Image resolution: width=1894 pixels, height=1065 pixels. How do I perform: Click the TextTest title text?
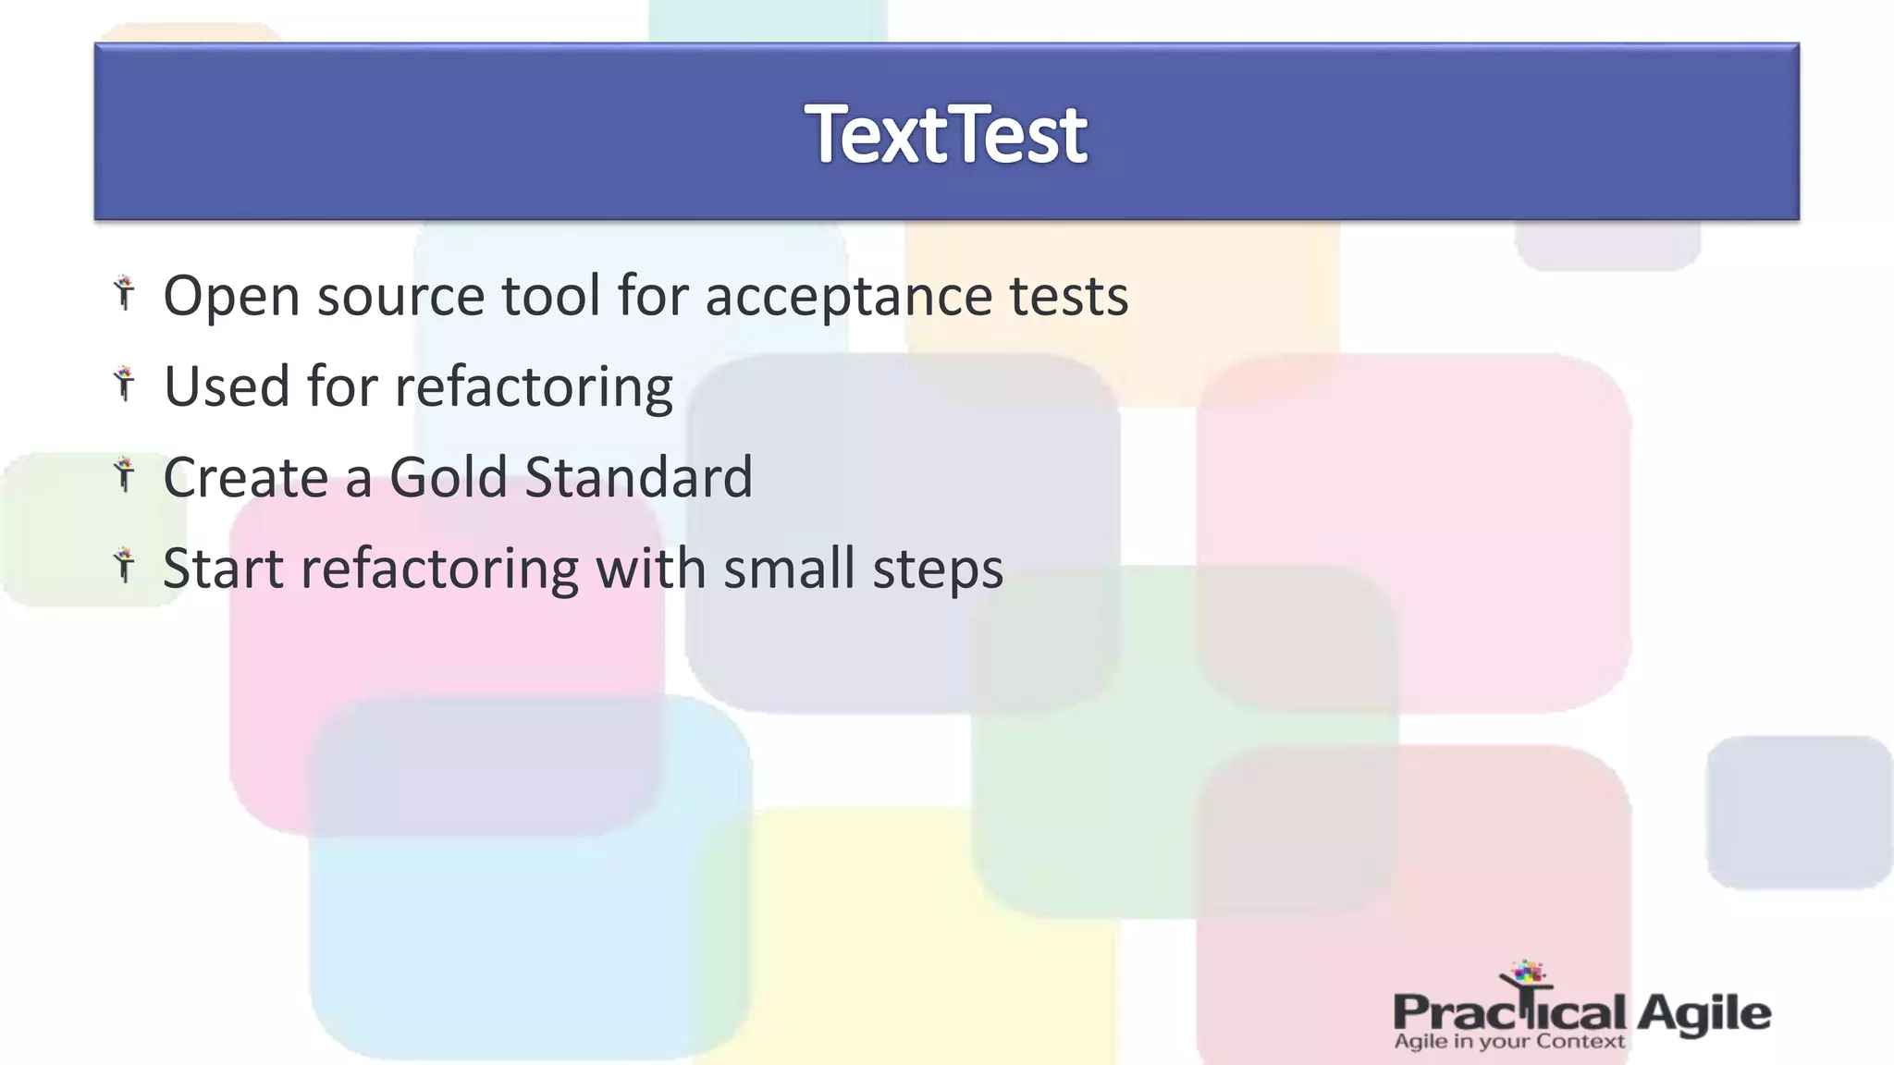tap(946, 135)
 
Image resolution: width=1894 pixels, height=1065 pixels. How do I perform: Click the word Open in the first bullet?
tap(231, 297)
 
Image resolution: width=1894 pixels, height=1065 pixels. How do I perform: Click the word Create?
tap(245, 477)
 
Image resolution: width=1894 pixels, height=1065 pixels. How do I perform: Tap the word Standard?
tap(638, 477)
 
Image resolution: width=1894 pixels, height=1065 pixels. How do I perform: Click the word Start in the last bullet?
tap(223, 568)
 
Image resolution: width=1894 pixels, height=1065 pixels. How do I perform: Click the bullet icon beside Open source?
tap(125, 293)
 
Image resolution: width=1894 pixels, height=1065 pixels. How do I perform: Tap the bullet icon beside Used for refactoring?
tap(125, 383)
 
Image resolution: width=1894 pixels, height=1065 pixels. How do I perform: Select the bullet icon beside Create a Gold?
tap(125, 474)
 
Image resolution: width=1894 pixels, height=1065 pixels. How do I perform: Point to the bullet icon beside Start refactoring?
tap(125, 565)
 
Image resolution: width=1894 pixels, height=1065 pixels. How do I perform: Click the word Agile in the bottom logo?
tap(1703, 1015)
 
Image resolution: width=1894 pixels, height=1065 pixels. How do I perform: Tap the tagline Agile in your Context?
tap(1508, 1042)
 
